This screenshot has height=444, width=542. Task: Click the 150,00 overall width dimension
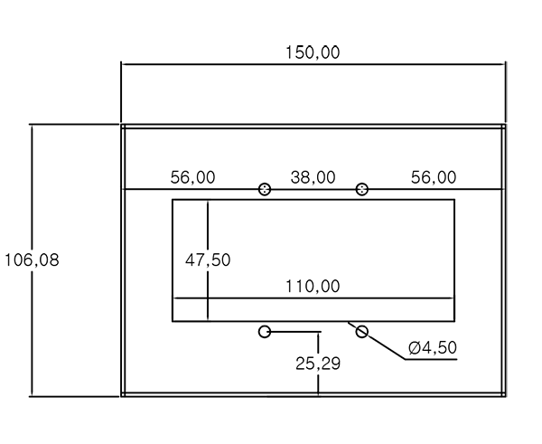click(x=313, y=52)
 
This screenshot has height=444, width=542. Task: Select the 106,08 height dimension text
click(x=32, y=260)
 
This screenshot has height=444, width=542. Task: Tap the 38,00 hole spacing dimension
click(x=313, y=177)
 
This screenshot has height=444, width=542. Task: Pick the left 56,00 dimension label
click(x=193, y=177)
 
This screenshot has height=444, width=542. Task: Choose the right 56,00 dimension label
click(x=434, y=177)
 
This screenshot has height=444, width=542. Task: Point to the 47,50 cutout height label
click(x=208, y=260)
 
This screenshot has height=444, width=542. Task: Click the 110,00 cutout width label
click(x=313, y=286)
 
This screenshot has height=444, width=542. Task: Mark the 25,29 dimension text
click(x=318, y=364)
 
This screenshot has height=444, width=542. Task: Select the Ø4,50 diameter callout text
click(x=433, y=347)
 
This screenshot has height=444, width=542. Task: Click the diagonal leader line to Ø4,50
click(x=377, y=341)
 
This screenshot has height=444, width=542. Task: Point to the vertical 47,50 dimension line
click(x=208, y=260)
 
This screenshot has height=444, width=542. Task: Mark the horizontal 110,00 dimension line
click(x=313, y=298)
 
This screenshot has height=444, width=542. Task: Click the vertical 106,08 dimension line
click(x=33, y=260)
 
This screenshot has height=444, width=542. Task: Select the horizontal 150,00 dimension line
click(x=313, y=64)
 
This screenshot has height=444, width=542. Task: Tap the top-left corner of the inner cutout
click(x=173, y=199)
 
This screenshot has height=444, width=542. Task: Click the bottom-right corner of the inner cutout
click(x=454, y=321)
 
